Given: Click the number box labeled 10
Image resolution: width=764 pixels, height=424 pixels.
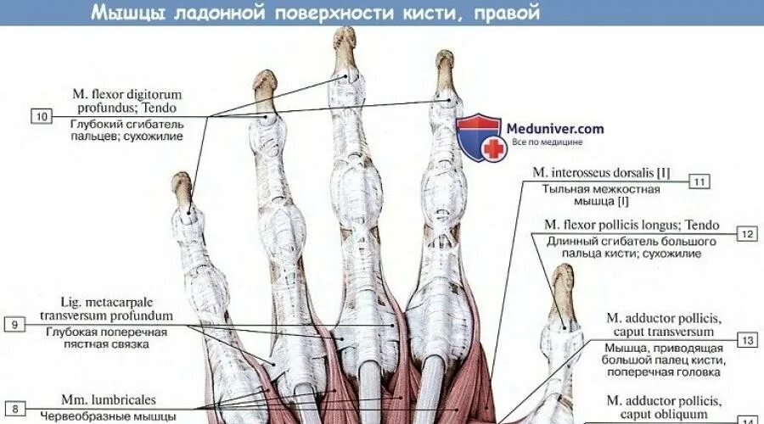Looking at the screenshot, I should click(x=42, y=116).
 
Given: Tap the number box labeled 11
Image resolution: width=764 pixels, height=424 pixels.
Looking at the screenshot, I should click(x=699, y=181).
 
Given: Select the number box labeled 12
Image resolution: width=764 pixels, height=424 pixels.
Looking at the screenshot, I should click(x=746, y=234).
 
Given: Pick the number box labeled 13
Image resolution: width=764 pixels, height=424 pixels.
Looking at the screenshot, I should click(x=747, y=340).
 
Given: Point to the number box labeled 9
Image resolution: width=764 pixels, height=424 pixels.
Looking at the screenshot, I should click(x=15, y=324).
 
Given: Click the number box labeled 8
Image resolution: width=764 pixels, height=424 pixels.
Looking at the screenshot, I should click(x=15, y=408).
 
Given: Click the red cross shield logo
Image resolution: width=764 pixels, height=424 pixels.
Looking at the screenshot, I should click(x=481, y=137).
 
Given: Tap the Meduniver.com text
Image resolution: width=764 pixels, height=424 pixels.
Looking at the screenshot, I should click(x=555, y=128).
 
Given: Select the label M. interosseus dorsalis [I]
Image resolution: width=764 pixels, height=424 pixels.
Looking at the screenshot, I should click(x=601, y=172).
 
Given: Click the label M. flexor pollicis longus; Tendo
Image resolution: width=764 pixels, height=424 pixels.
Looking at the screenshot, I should click(x=632, y=225).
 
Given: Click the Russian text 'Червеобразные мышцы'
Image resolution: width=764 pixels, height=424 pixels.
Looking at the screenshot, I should click(x=108, y=416).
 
